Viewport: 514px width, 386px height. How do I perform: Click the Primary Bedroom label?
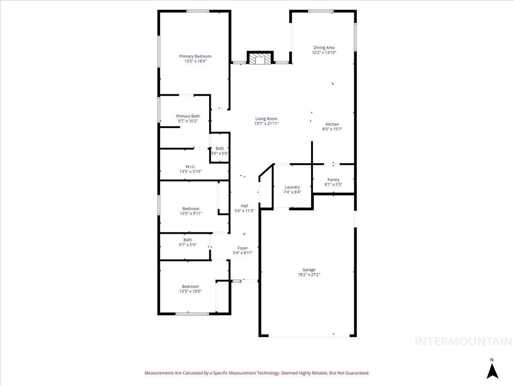point(195,56)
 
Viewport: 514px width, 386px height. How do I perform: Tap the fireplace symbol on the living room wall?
point(260,59)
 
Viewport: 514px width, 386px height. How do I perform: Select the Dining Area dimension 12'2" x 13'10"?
point(324,53)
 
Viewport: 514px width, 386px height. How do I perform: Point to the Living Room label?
point(266,119)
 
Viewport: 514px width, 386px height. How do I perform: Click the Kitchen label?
point(332,124)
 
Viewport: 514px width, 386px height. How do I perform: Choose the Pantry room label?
point(333,180)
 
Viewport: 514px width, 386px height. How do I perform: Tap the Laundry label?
point(292,187)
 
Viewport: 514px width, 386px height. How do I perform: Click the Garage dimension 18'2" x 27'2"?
point(309,274)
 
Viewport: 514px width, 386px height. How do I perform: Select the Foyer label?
point(242,248)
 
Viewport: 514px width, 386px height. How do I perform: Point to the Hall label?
point(244,205)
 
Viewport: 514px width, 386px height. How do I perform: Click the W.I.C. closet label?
point(190,166)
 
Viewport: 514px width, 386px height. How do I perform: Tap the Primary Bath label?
point(188,116)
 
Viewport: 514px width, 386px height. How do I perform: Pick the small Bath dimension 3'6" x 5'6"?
point(220,154)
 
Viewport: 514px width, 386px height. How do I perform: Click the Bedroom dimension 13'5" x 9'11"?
point(191,214)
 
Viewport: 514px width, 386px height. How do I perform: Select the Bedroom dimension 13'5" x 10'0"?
point(191,291)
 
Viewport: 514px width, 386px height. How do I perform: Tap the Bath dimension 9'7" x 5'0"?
point(188,245)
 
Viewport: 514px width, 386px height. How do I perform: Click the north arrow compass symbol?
point(492,370)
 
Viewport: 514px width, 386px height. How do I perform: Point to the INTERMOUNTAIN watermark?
point(463,341)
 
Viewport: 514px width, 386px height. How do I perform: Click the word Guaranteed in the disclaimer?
point(355,373)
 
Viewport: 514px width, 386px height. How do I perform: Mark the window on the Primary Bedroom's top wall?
point(197,11)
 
